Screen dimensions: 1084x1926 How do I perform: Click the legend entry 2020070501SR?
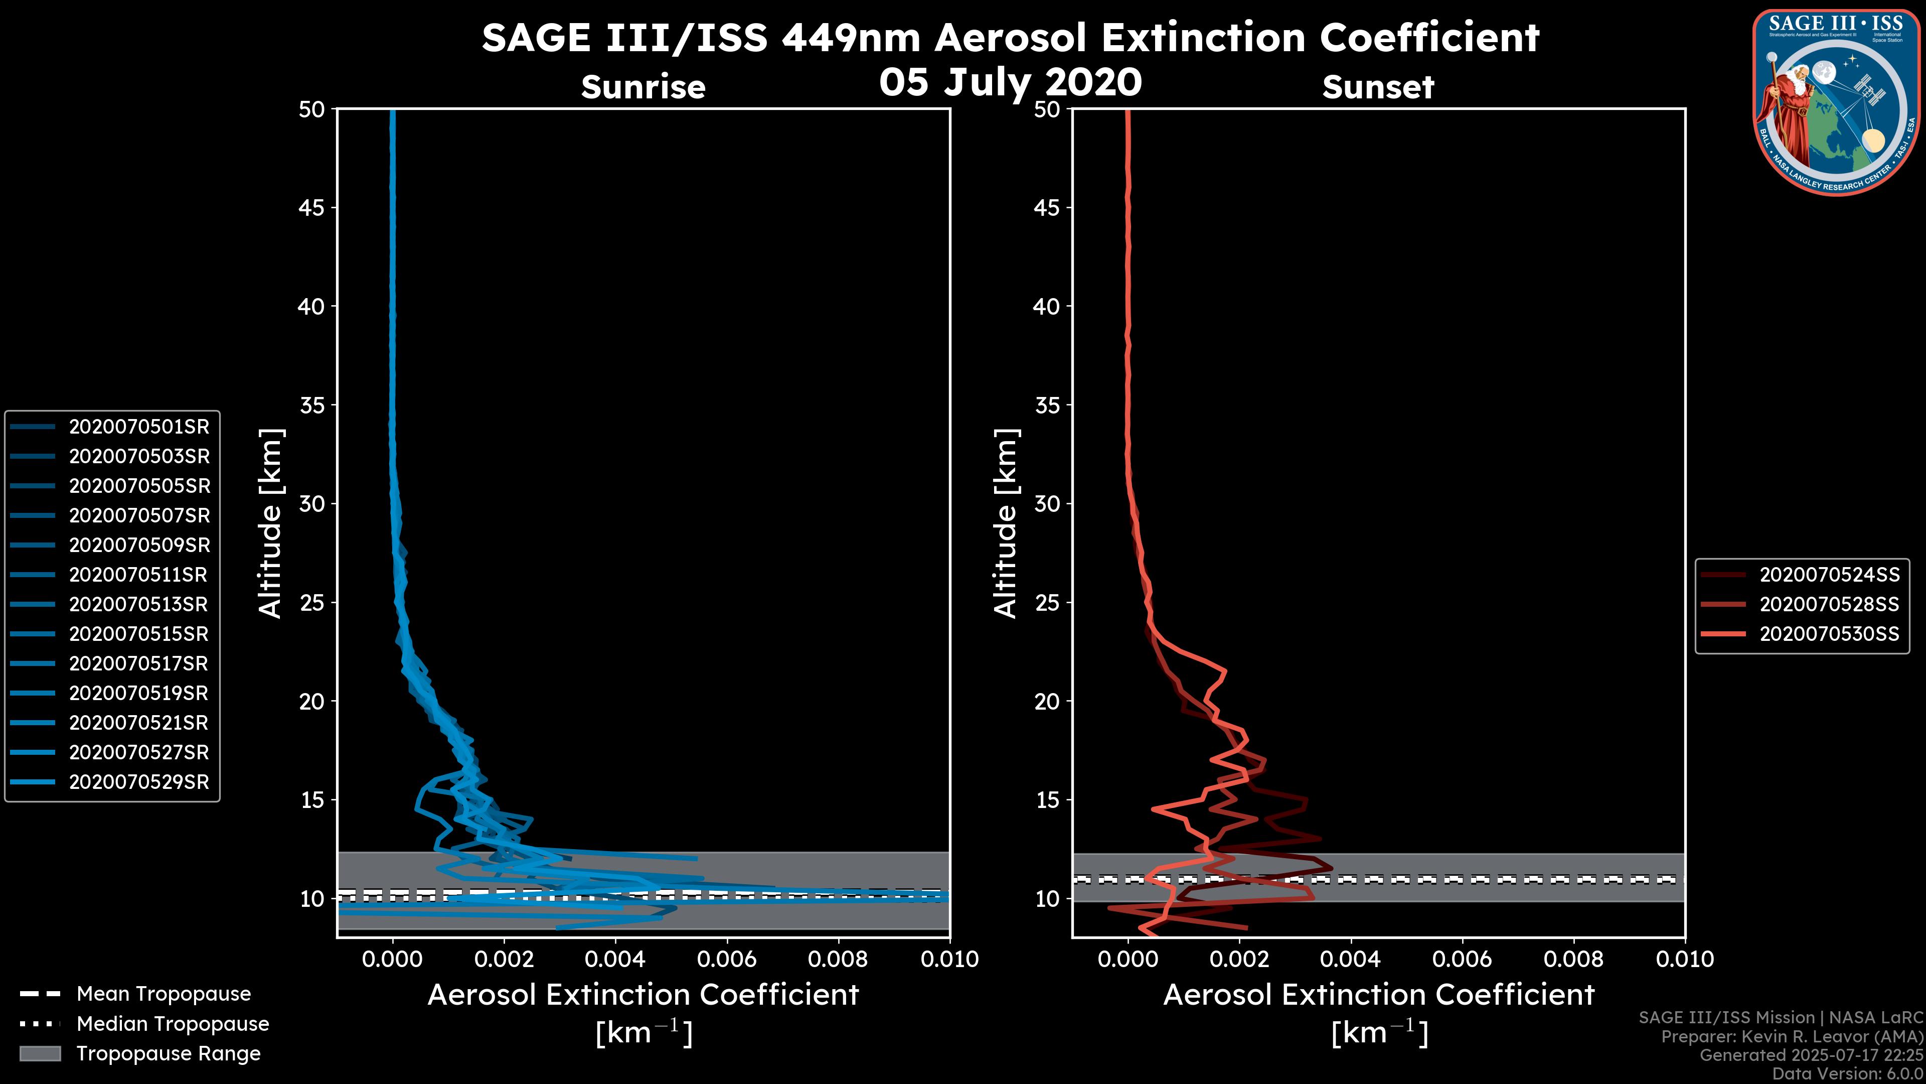[x=139, y=427]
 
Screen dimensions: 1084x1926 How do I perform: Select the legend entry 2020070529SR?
[x=139, y=782]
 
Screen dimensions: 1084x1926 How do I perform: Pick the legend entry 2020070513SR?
[x=139, y=604]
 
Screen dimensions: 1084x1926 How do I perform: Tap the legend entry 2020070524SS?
[x=1829, y=575]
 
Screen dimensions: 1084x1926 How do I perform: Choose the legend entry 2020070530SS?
[x=1829, y=634]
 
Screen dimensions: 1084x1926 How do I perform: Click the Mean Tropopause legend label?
[x=164, y=994]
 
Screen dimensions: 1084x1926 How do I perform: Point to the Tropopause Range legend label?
[x=168, y=1053]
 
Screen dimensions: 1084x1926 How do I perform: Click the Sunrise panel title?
[x=643, y=87]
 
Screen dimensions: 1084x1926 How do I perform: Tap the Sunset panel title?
[x=1378, y=87]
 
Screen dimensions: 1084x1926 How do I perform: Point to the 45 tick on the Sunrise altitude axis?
[x=312, y=208]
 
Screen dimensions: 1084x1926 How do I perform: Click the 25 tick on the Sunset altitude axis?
[x=1047, y=603]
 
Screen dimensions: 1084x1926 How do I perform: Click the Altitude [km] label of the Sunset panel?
[x=1006, y=523]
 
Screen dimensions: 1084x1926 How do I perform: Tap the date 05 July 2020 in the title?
[x=1010, y=82]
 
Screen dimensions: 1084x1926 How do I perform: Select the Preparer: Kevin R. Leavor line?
[x=1792, y=1037]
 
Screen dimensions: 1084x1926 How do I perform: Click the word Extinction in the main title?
[x=1205, y=38]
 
